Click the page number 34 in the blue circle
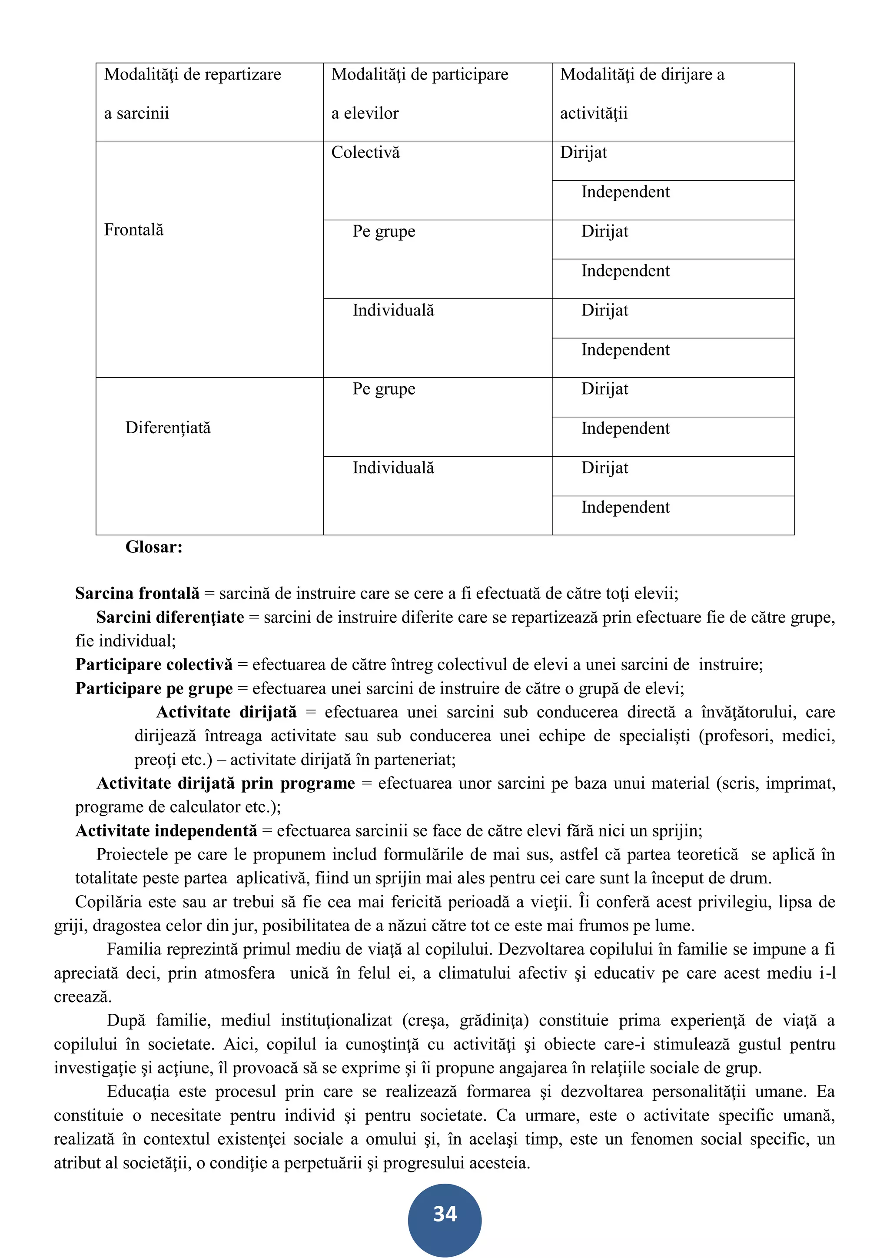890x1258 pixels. (x=445, y=1214)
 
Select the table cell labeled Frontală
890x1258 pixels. (x=134, y=230)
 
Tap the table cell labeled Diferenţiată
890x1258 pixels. (x=168, y=428)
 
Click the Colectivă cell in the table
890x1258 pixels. (x=365, y=153)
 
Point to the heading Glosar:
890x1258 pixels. (x=153, y=547)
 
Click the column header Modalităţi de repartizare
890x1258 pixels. (x=193, y=74)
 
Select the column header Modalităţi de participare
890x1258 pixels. (x=420, y=74)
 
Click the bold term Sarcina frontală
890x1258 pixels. (x=137, y=594)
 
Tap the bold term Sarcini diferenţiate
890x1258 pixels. (x=170, y=617)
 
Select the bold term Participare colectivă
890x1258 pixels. (x=154, y=664)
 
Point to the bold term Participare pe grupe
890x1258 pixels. (x=154, y=688)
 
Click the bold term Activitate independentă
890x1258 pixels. (x=166, y=831)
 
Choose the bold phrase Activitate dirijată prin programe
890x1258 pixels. (x=226, y=783)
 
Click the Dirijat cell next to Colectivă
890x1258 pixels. (x=583, y=153)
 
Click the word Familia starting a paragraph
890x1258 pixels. (x=134, y=949)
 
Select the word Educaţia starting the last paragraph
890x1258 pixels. (x=138, y=1092)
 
